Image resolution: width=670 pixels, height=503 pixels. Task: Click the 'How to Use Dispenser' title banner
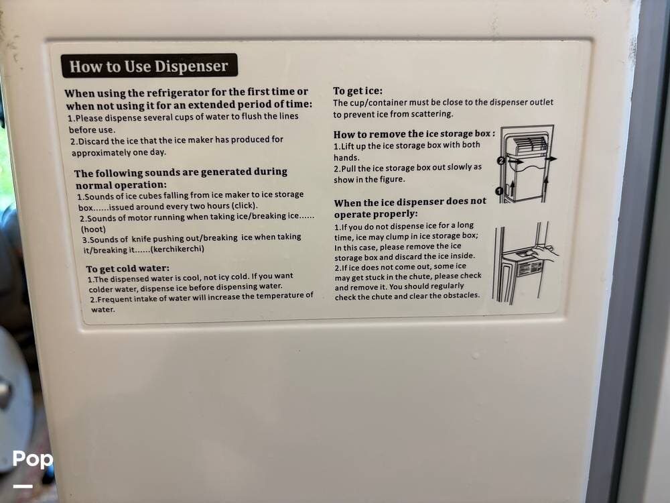(149, 66)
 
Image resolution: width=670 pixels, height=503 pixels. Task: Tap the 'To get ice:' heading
(358, 91)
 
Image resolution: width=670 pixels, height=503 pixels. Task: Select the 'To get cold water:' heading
(127, 269)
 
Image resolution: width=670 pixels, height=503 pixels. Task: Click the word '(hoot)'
(93, 229)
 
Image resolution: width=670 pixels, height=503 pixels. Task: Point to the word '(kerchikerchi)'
(178, 249)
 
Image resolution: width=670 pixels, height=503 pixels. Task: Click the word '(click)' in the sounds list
(244, 205)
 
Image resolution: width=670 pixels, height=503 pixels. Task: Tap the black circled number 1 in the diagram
(498, 190)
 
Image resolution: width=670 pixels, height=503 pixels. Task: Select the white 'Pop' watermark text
(32, 459)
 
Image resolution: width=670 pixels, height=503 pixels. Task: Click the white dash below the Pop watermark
(23, 486)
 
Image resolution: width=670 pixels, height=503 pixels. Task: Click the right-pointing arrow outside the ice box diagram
(551, 159)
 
